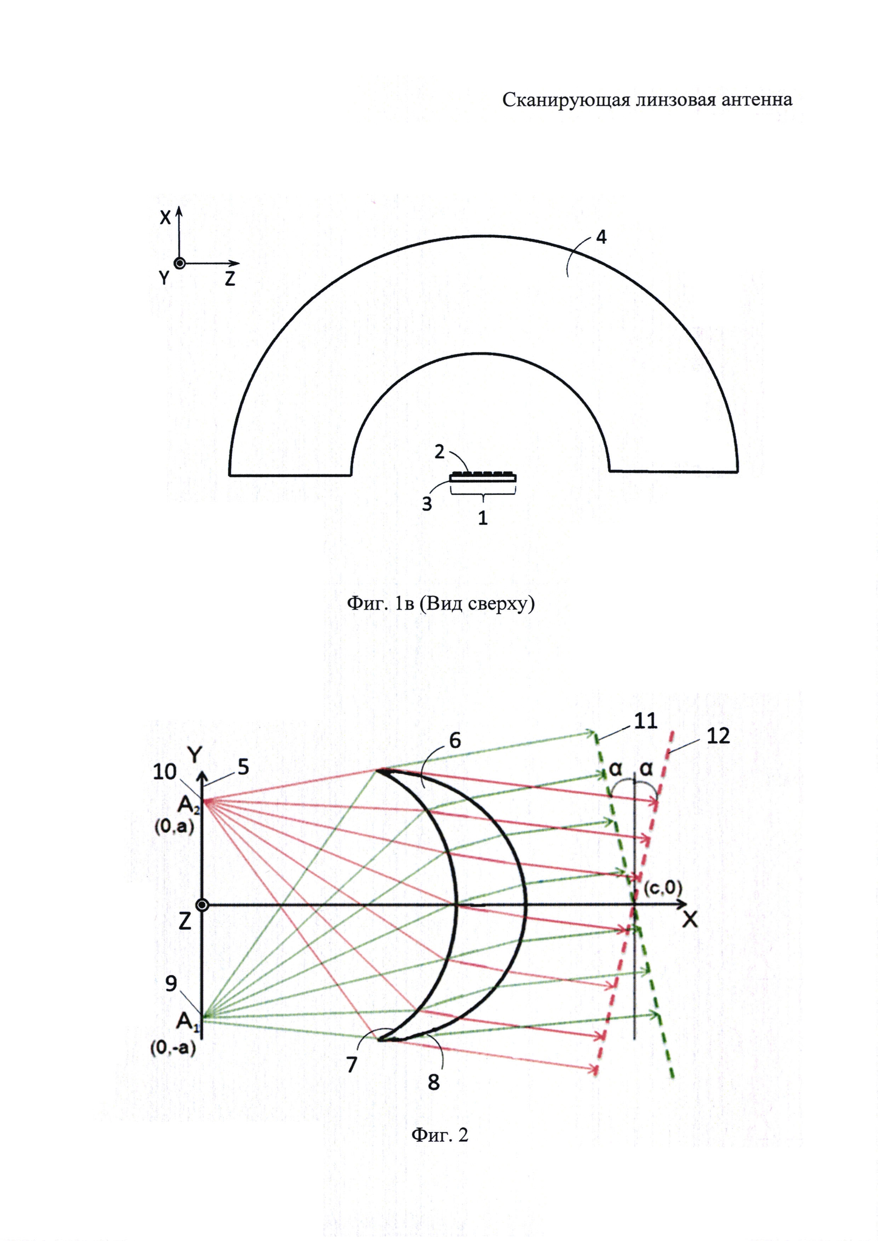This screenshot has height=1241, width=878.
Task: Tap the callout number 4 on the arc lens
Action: pos(601,237)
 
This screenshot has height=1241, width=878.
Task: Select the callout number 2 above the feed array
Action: pos(440,451)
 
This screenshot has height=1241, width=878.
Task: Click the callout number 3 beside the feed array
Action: pos(427,504)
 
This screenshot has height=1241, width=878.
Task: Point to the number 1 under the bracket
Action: pos(483,518)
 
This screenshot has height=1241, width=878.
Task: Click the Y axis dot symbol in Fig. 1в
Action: pos(179,263)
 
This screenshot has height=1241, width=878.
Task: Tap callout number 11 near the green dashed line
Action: pos(645,720)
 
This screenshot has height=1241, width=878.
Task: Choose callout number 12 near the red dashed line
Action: pos(718,736)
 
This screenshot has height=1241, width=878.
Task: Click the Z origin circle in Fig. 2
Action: pos(202,905)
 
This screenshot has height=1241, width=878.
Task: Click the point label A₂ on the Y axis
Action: pos(189,806)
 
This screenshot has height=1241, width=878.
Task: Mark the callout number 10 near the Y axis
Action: pos(165,772)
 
